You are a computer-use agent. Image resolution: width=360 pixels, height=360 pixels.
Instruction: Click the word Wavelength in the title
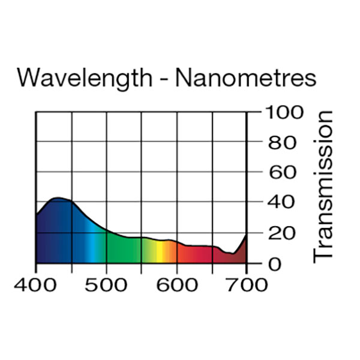[x=83, y=79]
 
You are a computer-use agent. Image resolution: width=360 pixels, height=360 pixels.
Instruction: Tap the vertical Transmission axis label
[x=324, y=186]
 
